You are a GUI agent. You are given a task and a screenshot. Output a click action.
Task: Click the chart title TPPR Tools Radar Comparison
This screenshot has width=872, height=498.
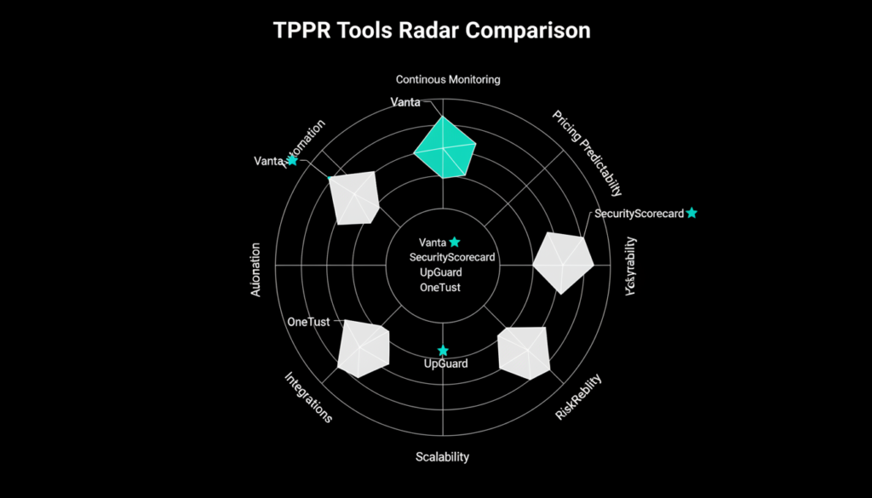coord(432,31)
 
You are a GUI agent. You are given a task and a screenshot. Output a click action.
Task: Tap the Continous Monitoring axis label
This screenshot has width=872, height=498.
coord(448,79)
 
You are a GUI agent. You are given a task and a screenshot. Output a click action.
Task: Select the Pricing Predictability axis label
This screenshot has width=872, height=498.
coord(587,153)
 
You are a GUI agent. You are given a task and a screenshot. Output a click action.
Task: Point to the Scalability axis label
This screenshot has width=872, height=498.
coord(442,457)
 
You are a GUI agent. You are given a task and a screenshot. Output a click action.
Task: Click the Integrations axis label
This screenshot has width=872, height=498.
coord(307,398)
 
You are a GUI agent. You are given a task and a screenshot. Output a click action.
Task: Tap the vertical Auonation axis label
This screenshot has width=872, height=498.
coord(255,270)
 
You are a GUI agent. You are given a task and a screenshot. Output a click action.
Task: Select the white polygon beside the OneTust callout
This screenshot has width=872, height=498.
coord(363,348)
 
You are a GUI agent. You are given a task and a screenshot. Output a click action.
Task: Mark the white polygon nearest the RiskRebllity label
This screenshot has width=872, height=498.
coord(523,352)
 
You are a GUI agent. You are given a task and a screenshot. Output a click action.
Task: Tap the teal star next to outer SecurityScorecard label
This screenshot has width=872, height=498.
coord(691,213)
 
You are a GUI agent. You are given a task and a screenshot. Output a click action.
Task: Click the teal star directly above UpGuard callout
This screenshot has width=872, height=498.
coord(443,351)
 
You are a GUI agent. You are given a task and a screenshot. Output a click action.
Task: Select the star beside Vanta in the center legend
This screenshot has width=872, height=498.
coord(455,242)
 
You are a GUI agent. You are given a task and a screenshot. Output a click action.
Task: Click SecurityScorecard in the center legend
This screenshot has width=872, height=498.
coord(452,257)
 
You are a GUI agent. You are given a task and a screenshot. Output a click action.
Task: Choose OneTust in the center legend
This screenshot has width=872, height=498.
coord(440,287)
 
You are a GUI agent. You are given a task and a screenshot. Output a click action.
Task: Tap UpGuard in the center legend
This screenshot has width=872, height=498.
coord(441,272)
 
